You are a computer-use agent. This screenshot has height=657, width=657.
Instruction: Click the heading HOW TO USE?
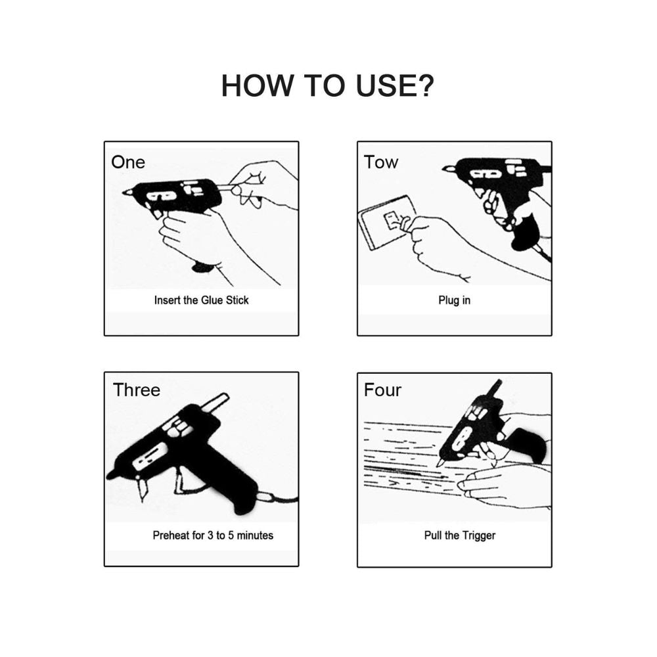328,85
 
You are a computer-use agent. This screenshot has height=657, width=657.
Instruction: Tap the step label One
128,162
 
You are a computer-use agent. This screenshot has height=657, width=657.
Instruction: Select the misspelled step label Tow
381,162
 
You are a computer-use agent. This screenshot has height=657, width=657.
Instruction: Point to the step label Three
137,390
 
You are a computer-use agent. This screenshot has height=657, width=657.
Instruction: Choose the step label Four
382,390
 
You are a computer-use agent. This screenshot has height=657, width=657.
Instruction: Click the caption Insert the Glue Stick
201,300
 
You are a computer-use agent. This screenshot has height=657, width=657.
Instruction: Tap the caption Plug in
454,300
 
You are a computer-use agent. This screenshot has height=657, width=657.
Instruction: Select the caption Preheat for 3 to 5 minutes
213,535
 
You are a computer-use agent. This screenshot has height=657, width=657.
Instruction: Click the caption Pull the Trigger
460,535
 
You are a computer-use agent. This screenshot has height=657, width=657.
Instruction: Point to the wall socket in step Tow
388,223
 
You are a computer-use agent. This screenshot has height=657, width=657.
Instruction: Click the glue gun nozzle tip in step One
124,193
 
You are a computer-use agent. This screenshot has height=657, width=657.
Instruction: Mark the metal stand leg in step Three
141,488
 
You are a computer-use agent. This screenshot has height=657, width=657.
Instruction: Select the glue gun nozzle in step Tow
448,168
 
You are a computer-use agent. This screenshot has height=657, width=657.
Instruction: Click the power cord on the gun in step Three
279,499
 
